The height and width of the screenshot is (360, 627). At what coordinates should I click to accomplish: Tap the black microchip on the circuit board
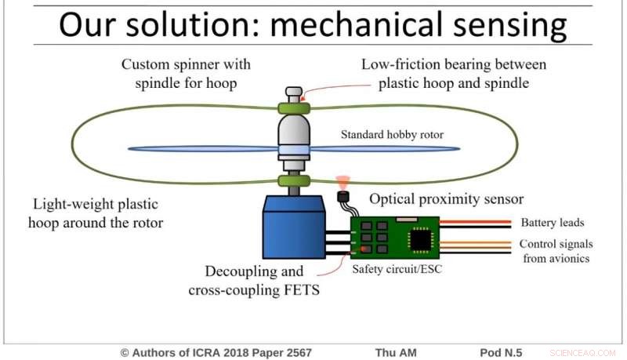point(419,238)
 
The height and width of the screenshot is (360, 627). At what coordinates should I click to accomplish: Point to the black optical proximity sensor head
point(342,196)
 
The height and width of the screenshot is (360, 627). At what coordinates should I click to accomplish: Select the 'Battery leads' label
point(552,223)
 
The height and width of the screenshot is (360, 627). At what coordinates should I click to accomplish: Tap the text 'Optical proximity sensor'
point(446,198)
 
